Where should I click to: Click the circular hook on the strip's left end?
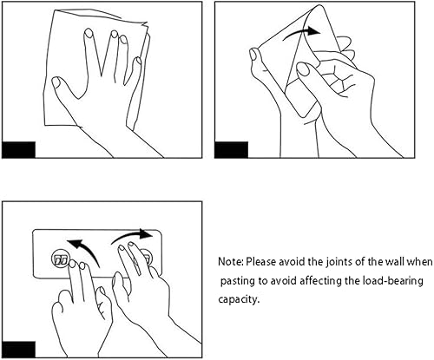point(62,259)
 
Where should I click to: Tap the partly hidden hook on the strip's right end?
point(147,258)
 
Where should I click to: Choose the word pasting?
point(237,281)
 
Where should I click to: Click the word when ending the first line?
point(419,261)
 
